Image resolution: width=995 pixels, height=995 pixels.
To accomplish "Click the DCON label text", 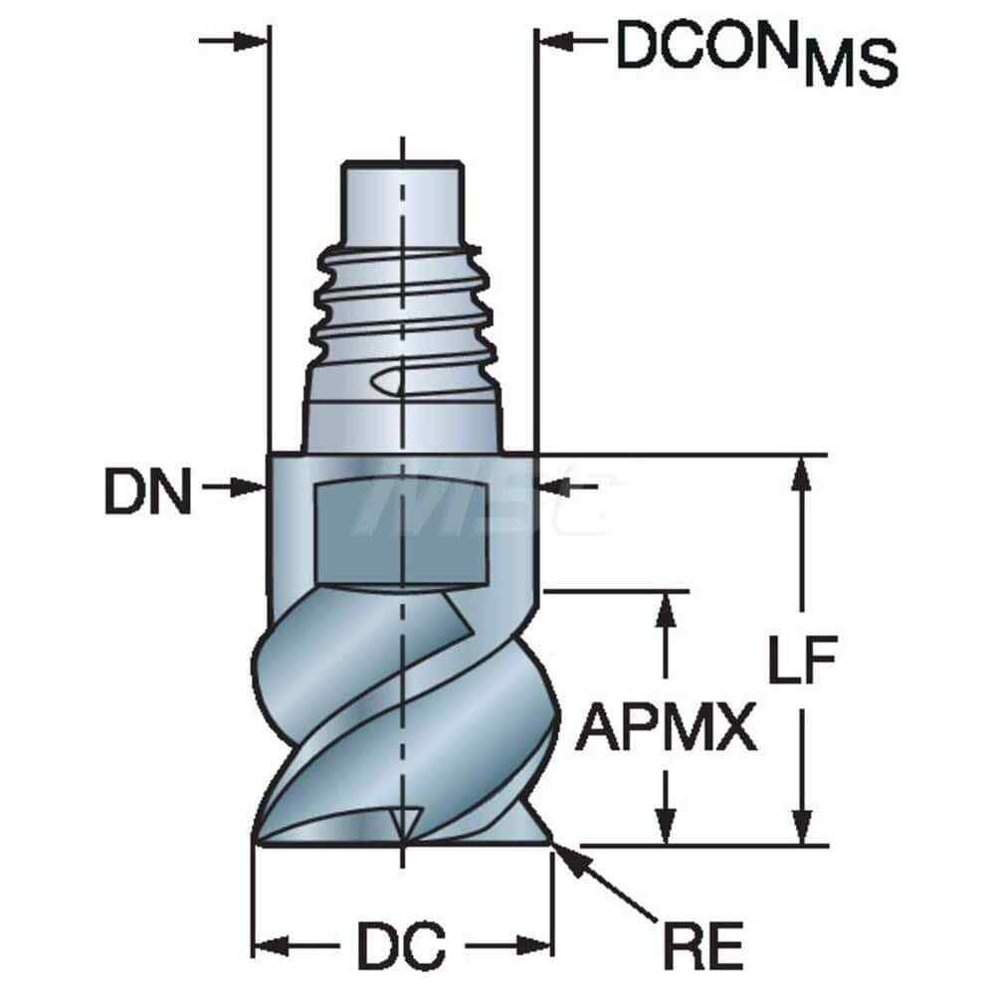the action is [x=706, y=46].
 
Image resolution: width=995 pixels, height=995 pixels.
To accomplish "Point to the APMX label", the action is [x=666, y=728].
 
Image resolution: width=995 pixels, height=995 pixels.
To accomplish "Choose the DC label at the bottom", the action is [x=401, y=945].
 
